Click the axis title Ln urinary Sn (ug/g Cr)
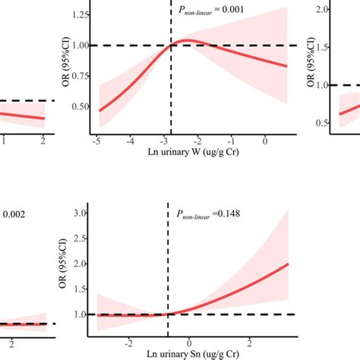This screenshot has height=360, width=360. [188, 355]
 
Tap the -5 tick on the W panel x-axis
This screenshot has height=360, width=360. [96, 142]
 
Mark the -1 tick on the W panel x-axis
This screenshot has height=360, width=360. [231, 142]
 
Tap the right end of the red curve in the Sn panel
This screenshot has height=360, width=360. [289, 264]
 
